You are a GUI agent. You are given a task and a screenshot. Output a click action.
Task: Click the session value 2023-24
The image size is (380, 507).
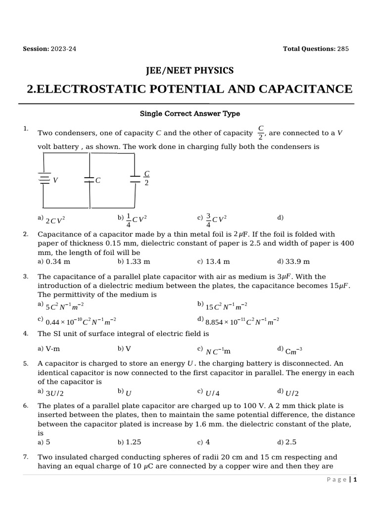tap(63, 49)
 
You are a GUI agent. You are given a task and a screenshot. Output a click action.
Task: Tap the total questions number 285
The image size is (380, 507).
tap(343, 49)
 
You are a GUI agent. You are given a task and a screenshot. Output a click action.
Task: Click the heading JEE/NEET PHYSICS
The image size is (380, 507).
tap(190, 71)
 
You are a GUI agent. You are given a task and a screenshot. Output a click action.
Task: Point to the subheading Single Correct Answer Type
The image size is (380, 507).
tap(190, 114)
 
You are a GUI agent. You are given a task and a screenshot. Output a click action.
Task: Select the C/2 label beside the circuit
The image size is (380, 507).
tap(146, 178)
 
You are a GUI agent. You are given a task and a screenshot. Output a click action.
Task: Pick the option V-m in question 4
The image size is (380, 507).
tap(52, 349)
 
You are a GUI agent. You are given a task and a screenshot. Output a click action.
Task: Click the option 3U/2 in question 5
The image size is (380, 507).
tap(55, 393)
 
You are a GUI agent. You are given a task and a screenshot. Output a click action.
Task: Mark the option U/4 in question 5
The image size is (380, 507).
tap(212, 393)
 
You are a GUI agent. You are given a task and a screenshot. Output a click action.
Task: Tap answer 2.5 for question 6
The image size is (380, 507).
tap(290, 442)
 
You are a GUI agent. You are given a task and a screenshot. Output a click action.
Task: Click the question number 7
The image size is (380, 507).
tap(25, 457)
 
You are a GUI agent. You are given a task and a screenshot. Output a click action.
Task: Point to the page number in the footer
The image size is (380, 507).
tap(355, 480)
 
